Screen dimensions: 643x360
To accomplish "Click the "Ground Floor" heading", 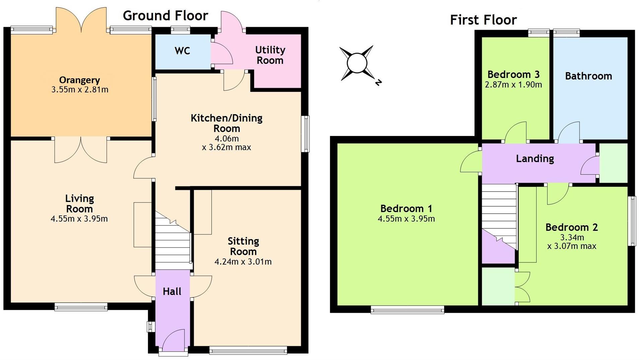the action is coord(165,16).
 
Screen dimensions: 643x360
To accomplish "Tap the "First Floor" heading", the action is coord(483,20).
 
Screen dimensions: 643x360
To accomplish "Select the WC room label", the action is coord(182,51).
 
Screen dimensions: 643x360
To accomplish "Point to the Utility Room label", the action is coord(270,55).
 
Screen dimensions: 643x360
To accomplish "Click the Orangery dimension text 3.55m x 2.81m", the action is coord(80,90).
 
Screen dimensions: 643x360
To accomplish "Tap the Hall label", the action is coord(172,292).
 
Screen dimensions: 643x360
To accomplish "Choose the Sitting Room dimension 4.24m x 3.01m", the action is coord(243,262).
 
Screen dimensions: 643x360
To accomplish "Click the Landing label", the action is coord(535,159).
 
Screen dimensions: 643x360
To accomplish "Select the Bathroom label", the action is coord(588,76).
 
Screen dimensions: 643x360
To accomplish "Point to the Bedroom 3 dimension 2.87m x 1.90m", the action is coord(513,85).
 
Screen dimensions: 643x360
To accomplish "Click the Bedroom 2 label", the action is coord(572,227).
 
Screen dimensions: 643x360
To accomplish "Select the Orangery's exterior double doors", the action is coord(81,20).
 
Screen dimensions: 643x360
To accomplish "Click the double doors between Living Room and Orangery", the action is coord(81,150).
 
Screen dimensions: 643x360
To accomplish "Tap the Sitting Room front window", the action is coord(248,350).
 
